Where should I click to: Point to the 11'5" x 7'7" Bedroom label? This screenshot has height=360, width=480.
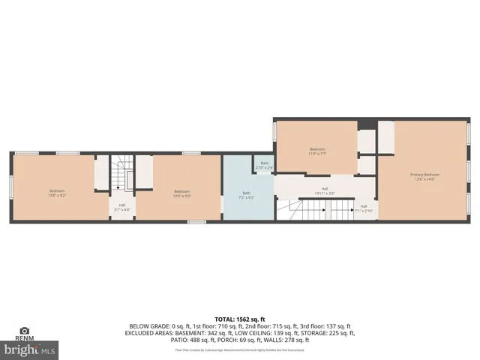(x=317, y=151)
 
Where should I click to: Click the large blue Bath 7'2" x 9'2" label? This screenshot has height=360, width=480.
(x=246, y=194)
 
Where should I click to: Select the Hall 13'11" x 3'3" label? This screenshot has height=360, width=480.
(x=325, y=190)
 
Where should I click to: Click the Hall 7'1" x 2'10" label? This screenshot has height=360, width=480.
(x=364, y=208)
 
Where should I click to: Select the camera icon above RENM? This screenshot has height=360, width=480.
(x=24, y=330)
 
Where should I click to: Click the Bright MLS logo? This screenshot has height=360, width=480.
(x=30, y=349)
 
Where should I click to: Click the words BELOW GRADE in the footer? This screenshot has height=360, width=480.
(x=148, y=326)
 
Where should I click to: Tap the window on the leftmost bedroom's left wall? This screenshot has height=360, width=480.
(x=11, y=187)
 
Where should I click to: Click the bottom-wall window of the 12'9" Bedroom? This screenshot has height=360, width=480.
(x=197, y=222)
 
